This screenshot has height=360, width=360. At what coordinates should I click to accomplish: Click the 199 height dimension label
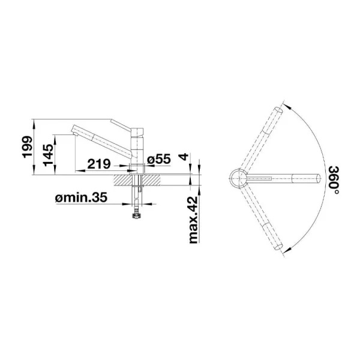point(25,147)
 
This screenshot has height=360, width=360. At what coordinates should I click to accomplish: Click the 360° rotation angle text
point(333,181)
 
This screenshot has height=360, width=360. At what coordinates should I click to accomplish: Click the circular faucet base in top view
point(238,178)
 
